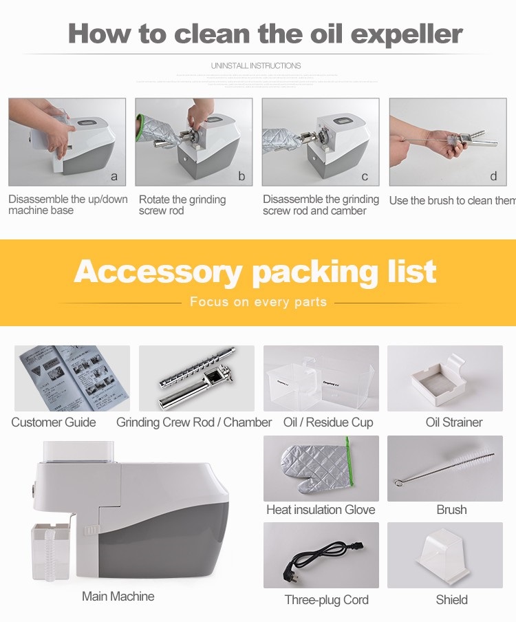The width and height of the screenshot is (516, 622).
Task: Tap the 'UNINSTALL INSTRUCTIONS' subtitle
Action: [256, 66]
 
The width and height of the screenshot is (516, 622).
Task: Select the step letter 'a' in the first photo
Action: [114, 176]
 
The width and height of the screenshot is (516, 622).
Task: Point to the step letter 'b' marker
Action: [241, 176]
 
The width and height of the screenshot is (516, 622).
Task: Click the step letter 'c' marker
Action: [365, 176]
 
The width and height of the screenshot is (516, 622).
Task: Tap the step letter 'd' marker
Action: [493, 176]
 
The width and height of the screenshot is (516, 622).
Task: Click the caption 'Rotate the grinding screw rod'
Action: [182, 205]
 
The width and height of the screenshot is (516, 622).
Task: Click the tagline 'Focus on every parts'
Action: [258, 302]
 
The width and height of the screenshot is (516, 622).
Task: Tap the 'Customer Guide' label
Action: [54, 422]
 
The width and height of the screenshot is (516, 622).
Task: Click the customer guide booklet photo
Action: [72, 378]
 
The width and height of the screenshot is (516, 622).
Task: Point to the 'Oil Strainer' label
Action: [454, 422]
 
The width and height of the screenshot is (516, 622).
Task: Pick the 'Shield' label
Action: [452, 600]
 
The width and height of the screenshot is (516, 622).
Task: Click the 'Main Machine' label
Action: [118, 596]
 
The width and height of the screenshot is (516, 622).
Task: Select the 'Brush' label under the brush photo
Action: [451, 510]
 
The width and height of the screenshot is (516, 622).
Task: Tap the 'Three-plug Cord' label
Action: [327, 600]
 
